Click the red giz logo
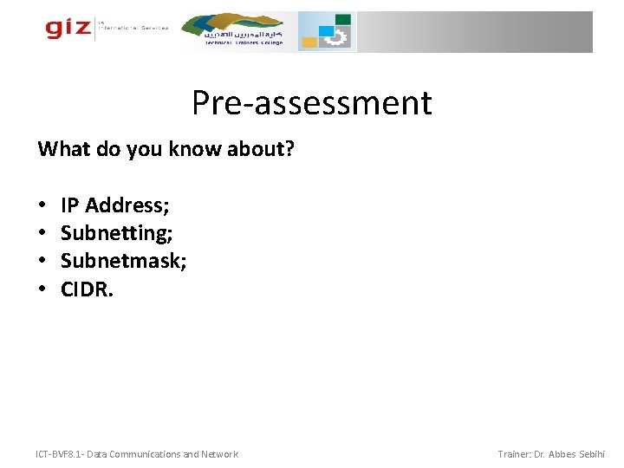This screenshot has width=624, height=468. [x=68, y=29]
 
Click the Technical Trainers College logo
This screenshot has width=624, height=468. [x=244, y=31]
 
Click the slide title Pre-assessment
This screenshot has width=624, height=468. [x=311, y=103]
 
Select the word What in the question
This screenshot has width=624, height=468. [x=60, y=150]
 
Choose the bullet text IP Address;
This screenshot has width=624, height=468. [x=114, y=205]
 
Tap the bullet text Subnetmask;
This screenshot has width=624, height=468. [x=123, y=261]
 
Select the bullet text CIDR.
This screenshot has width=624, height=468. [x=87, y=289]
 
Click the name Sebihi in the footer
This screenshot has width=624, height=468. [x=590, y=454]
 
